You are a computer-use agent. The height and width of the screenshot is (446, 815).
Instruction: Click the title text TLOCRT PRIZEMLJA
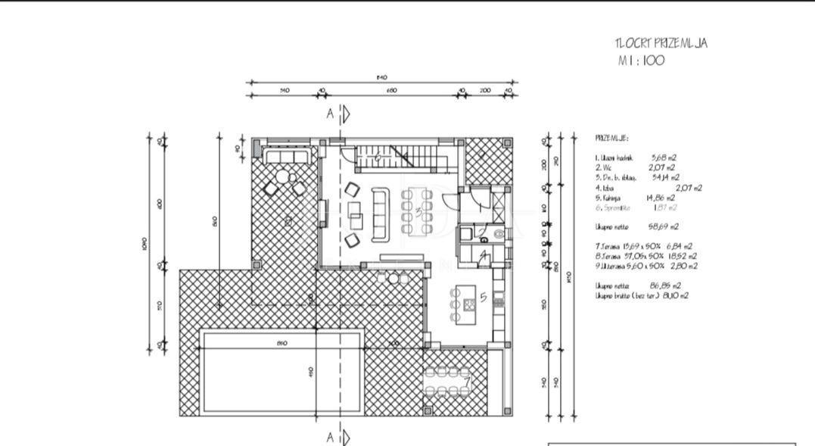pyautogui.click(x=661, y=44)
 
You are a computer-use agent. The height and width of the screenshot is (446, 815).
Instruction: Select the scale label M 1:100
pyautogui.click(x=640, y=61)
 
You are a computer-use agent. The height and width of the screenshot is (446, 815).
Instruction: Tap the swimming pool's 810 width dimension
pyautogui.click(x=282, y=343)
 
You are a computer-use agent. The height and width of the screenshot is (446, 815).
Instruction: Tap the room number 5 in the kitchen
pyautogui.click(x=484, y=297)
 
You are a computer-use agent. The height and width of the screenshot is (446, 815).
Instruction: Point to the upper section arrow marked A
pyautogui.click(x=339, y=114)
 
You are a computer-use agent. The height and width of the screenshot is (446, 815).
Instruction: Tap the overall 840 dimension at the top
pyautogui.click(x=381, y=77)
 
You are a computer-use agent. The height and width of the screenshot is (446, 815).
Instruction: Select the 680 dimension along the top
pyautogui.click(x=390, y=91)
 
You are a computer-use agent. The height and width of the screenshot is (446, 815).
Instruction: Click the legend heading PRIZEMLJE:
pyautogui.click(x=611, y=139)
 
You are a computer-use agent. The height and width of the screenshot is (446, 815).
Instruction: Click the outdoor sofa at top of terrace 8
pyautogui.click(x=288, y=156)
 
